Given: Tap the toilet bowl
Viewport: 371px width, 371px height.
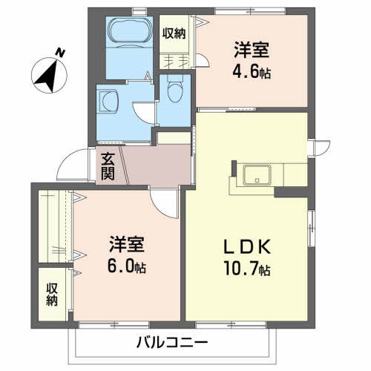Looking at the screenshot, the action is pos(175,89).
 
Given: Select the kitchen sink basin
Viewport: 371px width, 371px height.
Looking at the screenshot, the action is pos(257,175).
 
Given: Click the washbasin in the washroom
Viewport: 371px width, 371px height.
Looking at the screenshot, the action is pos(108,102).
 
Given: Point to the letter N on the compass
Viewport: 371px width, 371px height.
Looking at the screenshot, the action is pos(60,53).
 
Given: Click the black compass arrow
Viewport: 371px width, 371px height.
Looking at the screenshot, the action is pos(47,76).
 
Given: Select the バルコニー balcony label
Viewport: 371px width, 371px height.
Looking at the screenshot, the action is pos(172,342).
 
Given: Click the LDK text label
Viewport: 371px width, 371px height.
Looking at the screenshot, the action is pos(247,247).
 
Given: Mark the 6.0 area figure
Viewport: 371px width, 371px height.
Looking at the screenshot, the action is pos(120,266).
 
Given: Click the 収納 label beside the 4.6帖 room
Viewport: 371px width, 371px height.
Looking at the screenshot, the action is pos(174,33).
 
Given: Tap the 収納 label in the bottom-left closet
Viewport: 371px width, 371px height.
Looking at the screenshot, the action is pos(52,295).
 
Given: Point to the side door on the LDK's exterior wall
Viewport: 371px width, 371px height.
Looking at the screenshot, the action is pos(321,148).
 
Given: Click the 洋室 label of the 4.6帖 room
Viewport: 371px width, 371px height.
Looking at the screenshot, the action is pos(252,50).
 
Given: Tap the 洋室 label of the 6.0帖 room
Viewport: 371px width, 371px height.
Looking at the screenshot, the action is pos(127,244).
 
